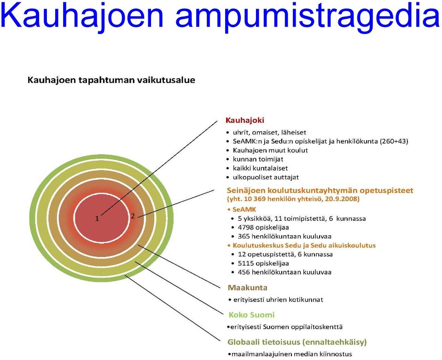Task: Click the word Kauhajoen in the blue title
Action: click(x=82, y=17)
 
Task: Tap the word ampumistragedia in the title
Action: click(x=308, y=17)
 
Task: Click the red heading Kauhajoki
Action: click(x=244, y=120)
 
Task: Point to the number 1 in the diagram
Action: click(x=97, y=219)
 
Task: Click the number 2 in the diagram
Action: click(x=133, y=216)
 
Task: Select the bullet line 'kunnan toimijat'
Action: click(x=258, y=159)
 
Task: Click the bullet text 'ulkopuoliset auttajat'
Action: click(x=266, y=177)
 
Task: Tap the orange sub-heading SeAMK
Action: click(x=244, y=209)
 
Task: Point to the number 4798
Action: click(x=245, y=227)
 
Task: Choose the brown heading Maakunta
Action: click(x=248, y=288)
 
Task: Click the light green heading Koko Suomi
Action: click(x=251, y=314)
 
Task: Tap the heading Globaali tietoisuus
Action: click(x=264, y=342)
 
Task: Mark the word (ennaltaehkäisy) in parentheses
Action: click(x=335, y=342)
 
